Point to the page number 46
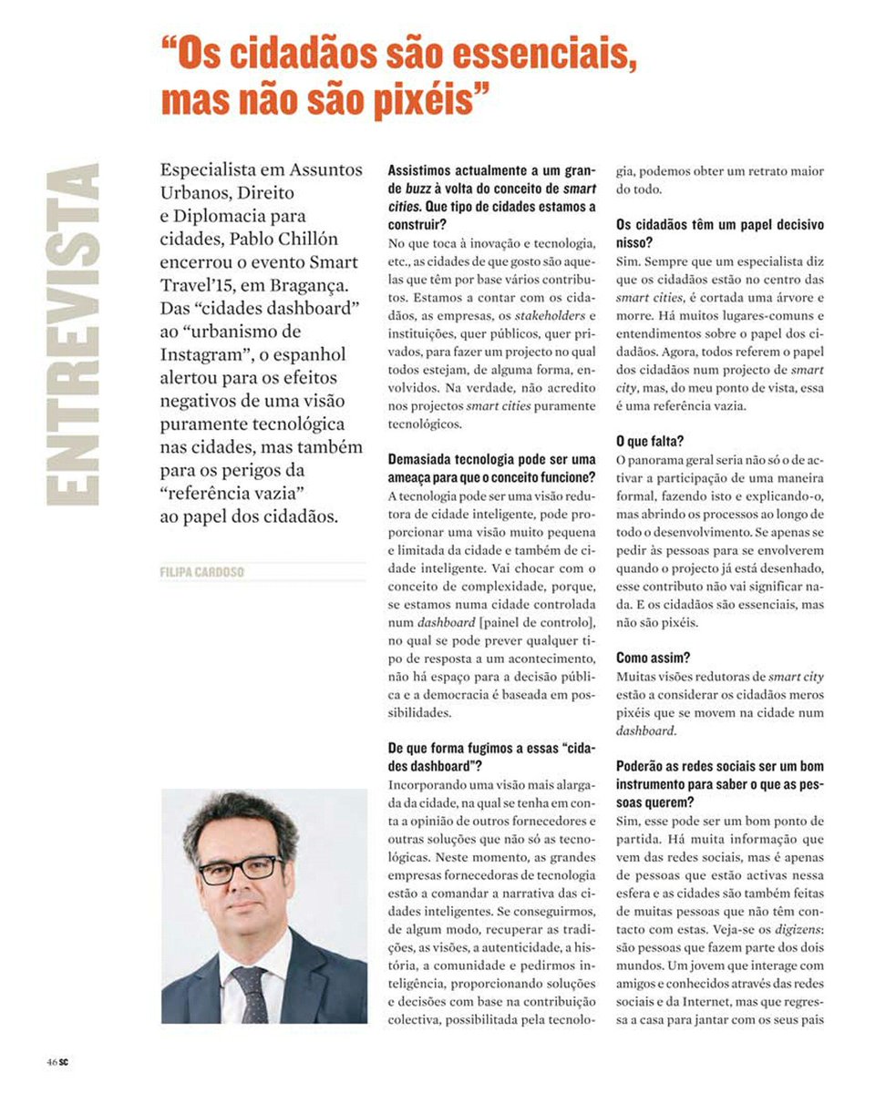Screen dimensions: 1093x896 click(52, 1061)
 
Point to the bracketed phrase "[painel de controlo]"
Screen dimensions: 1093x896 click(542, 621)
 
